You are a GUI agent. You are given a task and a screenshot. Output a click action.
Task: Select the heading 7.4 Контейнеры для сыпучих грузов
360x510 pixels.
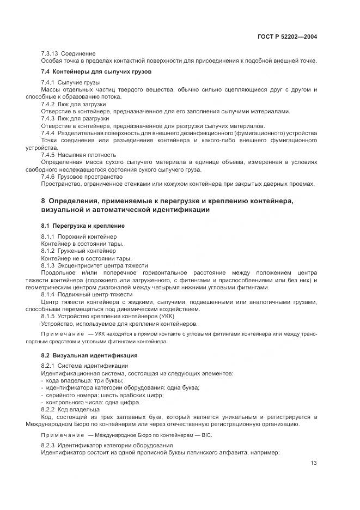(96, 72)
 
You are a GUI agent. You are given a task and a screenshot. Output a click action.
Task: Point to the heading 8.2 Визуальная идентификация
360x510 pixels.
(82, 355)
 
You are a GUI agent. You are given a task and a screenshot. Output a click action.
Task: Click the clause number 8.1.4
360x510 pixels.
(50, 294)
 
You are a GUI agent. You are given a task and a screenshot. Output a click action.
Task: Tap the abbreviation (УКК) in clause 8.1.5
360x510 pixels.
(160, 316)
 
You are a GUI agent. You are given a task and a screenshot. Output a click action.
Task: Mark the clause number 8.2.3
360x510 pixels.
(49, 446)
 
